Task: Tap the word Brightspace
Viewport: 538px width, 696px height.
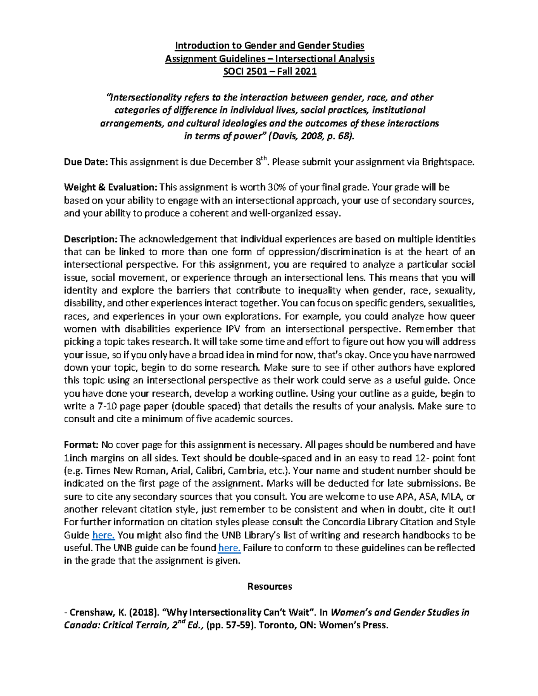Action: pyautogui.click(x=447, y=162)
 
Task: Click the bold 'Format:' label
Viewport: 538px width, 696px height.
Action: pyautogui.click(x=81, y=445)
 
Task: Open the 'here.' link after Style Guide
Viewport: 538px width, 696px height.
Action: pyautogui.click(x=104, y=535)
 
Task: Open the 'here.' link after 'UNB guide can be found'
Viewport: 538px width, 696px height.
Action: pyautogui.click(x=230, y=548)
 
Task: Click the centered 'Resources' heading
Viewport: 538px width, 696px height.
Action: pyautogui.click(x=269, y=587)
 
